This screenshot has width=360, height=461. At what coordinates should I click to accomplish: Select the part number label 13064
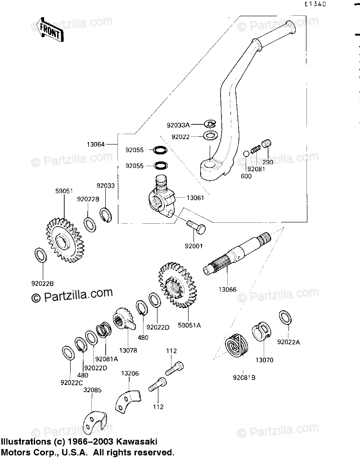[x=96, y=145]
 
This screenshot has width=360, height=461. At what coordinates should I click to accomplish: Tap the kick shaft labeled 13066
[x=237, y=253]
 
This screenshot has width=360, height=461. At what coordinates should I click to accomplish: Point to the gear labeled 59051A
[x=177, y=285]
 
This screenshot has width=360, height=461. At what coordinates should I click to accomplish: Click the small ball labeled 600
[x=246, y=154]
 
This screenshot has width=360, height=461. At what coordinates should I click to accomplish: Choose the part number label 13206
[x=130, y=373]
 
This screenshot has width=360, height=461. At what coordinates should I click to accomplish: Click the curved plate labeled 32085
[x=94, y=423]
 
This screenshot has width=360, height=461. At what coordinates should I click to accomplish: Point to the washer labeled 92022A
[x=285, y=318]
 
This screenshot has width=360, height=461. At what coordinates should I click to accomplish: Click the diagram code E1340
[x=315, y=4]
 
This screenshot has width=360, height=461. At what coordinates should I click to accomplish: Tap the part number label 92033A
[x=178, y=125]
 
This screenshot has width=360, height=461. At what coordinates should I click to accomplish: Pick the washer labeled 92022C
[x=68, y=353]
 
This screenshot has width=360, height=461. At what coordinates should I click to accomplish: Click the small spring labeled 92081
[x=255, y=149]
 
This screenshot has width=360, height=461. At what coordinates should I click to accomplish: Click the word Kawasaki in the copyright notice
[x=137, y=442]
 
